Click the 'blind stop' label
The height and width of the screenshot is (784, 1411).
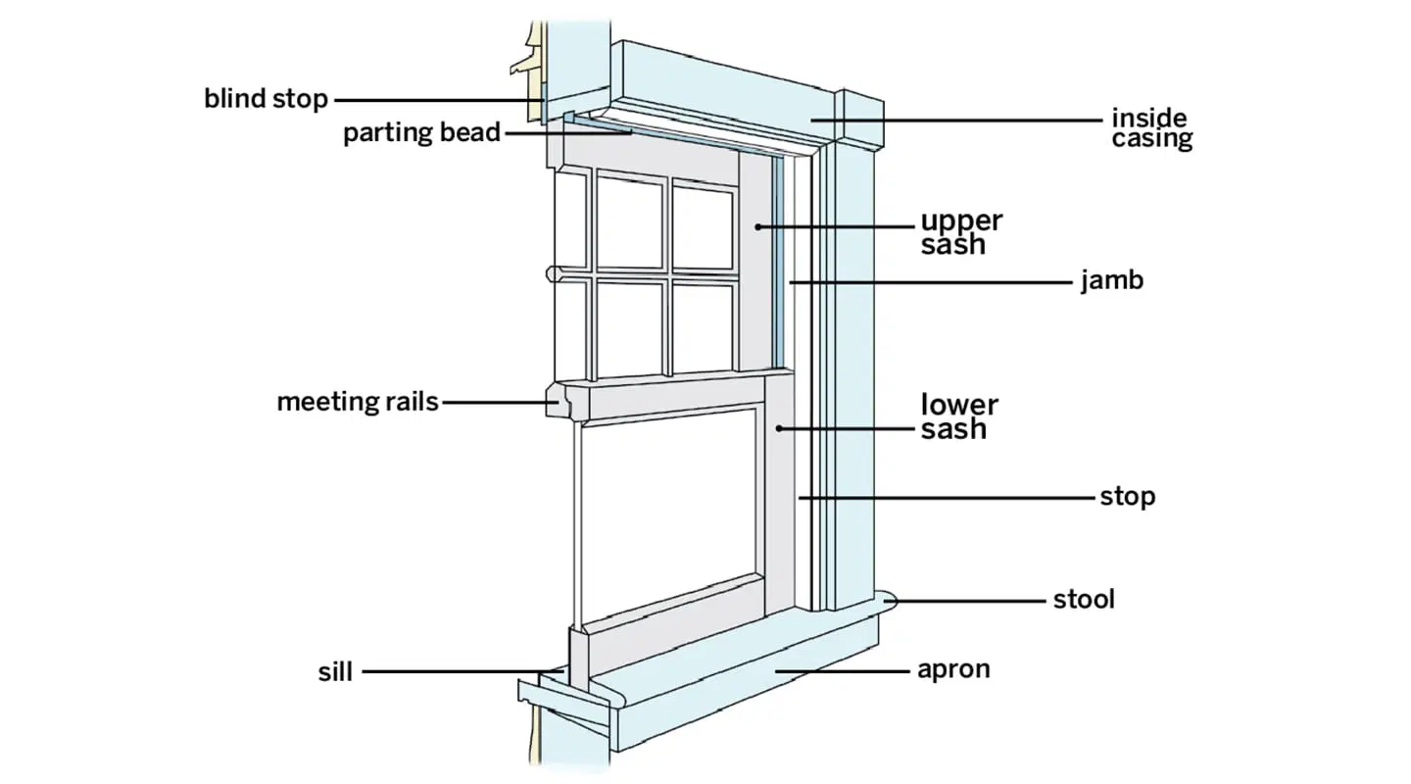tap(266, 99)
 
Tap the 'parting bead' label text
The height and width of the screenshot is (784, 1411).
tap(421, 133)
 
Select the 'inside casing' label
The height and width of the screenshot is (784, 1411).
tap(1151, 128)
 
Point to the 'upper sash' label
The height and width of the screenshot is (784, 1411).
tap(961, 232)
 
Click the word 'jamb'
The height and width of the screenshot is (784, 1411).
tap(1112, 282)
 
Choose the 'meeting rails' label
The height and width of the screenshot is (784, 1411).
tap(358, 402)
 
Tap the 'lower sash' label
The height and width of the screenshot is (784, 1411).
tap(959, 416)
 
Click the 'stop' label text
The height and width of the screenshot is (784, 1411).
tap(1127, 497)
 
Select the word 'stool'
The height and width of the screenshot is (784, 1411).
tap(1084, 599)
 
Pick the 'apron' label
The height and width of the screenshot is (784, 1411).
tap(953, 670)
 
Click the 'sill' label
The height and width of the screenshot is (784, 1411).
tap(335, 672)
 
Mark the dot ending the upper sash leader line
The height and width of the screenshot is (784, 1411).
tap(758, 226)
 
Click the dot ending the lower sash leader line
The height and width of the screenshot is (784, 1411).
tap(778, 428)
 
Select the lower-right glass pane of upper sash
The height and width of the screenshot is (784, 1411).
tap(703, 325)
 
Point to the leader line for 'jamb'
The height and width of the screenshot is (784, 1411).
tap(931, 282)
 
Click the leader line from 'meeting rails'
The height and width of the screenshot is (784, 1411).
tap(495, 402)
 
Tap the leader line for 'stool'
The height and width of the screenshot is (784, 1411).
tap(970, 599)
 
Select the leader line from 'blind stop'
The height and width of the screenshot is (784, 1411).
tap(431, 99)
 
